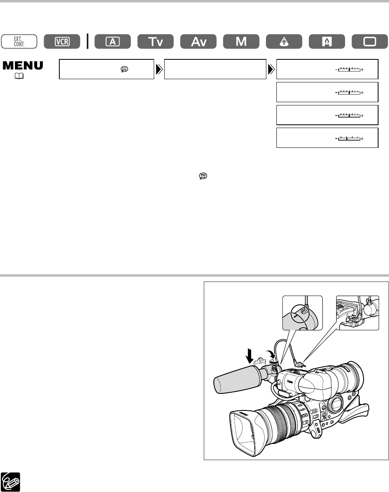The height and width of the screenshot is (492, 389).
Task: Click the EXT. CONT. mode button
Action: [19, 42]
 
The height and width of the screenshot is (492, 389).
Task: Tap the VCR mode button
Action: [63, 42]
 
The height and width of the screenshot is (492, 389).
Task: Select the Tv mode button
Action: [156, 42]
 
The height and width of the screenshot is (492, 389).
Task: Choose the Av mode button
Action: [199, 42]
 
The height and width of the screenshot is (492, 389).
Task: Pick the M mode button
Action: [241, 42]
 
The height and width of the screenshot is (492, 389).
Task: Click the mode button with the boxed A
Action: [113, 42]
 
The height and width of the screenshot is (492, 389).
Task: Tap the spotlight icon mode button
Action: [284, 42]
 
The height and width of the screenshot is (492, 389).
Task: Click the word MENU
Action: [23, 66]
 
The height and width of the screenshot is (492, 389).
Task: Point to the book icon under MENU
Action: [21, 76]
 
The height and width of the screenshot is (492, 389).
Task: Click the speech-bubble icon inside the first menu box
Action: [124, 69]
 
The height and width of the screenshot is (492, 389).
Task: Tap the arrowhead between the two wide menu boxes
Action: [159, 69]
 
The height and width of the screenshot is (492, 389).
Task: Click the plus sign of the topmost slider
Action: [362, 70]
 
